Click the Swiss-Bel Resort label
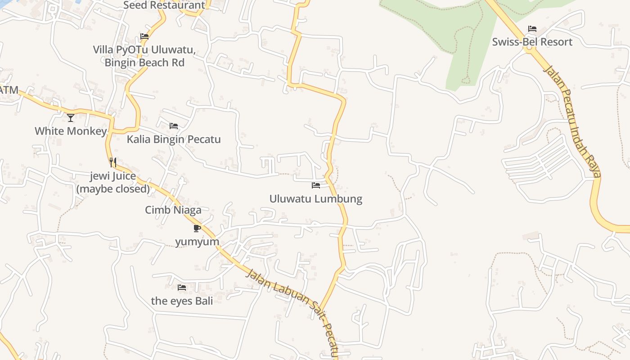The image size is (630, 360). click(532, 42)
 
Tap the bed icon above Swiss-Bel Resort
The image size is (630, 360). click(532, 29)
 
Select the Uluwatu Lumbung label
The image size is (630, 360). click(315, 199)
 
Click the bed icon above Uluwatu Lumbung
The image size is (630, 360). click(316, 185)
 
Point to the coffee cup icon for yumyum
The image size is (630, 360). click(197, 228)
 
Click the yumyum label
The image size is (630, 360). click(197, 242)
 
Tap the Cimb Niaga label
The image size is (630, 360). click(173, 210)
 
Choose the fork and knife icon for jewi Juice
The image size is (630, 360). click(113, 162)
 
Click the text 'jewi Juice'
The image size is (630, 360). click(113, 176)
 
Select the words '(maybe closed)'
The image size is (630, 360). click(113, 189)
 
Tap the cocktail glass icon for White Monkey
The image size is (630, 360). click(71, 118)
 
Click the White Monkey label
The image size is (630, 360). click(71, 131)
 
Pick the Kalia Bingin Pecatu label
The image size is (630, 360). click(174, 139)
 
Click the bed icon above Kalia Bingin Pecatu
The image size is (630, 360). click(174, 126)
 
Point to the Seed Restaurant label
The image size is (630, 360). click(164, 5)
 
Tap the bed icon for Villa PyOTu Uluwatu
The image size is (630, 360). click(144, 36)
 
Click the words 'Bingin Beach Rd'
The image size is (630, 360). click(144, 63)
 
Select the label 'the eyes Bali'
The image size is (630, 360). click(182, 301)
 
